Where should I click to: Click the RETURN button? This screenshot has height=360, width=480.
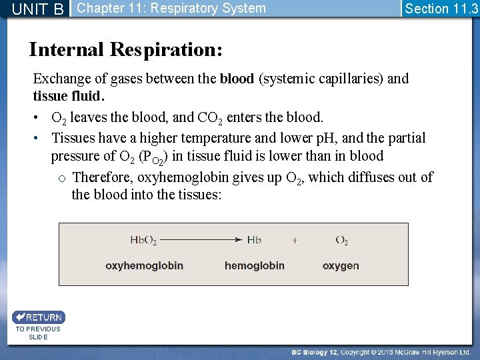38,317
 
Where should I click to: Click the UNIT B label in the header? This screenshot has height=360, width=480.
38,9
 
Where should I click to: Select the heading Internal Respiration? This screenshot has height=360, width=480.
126,49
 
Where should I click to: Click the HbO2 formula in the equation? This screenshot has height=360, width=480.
144,241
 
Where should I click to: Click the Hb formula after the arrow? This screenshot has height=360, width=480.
254,240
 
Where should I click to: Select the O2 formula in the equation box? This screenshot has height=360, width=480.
341,241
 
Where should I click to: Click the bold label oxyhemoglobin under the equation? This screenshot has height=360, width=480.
144,265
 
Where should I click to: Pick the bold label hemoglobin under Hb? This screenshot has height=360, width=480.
254,265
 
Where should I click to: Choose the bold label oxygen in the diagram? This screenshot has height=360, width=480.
341,265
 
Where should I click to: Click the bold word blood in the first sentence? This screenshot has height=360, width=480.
237,79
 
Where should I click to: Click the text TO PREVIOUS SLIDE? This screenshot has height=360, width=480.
38,333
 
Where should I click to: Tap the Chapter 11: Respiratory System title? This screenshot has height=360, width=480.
171,9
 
